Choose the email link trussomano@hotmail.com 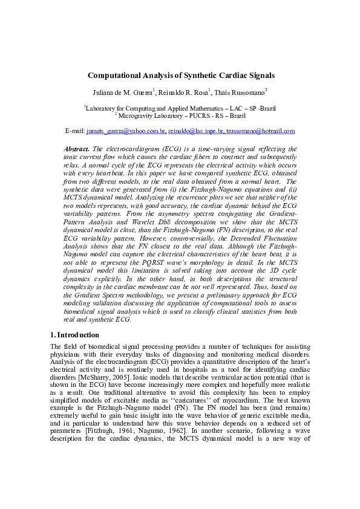pos(261,131)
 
